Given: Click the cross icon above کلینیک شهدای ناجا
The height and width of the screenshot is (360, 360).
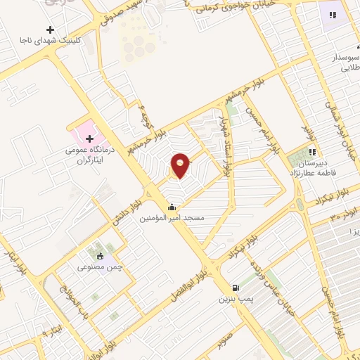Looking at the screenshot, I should [x=50, y=30].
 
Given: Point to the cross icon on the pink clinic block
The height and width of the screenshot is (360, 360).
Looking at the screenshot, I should [x=89, y=139].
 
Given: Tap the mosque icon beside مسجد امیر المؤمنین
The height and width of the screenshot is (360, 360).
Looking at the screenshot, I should [x=172, y=207].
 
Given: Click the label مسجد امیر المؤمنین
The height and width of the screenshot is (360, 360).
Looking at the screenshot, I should [x=172, y=219].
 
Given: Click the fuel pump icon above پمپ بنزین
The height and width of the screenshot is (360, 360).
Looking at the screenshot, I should [x=236, y=288].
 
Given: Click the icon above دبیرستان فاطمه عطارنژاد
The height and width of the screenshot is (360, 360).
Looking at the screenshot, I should [x=311, y=151].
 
